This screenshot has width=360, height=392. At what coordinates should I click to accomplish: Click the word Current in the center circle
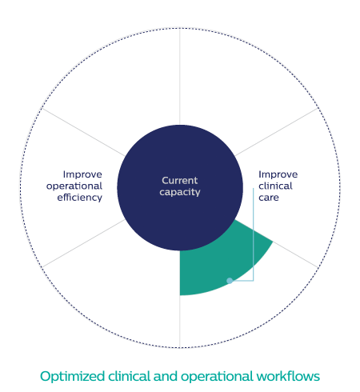click(180, 181)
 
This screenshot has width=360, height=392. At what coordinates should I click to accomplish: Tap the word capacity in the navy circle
click(180, 192)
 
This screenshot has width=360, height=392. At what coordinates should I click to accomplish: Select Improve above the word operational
click(82, 174)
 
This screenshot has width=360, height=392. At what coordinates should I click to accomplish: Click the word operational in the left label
click(74, 186)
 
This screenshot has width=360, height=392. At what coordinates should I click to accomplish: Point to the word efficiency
click(80, 198)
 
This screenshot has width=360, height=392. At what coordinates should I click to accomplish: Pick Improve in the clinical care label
click(278, 174)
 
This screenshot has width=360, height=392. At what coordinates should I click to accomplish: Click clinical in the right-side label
click(275, 186)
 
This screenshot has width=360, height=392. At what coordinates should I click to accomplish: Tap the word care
click(269, 198)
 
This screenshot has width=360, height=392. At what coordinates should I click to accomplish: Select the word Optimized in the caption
click(72, 377)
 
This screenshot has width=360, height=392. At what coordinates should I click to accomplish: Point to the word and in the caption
click(166, 376)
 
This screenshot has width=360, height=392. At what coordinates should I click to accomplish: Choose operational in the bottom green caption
click(217, 377)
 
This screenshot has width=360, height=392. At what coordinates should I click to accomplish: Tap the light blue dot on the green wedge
click(230, 281)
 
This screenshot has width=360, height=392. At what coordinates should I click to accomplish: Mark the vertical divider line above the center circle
click(180, 76)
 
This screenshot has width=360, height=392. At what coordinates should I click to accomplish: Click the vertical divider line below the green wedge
click(180, 322)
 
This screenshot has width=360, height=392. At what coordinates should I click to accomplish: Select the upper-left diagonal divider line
click(83, 132)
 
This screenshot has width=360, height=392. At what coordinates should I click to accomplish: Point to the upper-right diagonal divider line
click(277, 132)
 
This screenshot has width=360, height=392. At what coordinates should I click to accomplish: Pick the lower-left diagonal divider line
click(83, 243)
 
